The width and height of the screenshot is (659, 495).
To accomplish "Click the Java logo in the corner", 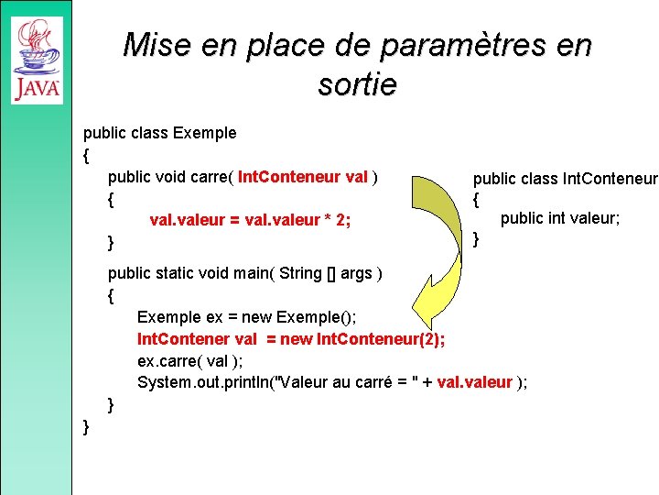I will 37,60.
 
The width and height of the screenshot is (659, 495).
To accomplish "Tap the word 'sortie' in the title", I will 357,84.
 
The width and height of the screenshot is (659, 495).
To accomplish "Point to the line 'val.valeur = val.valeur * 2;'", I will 250,220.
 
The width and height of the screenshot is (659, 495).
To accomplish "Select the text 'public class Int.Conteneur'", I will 565,178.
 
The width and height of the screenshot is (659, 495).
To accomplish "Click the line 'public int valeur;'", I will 560,218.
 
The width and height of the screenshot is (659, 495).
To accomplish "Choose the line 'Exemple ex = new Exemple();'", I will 246,317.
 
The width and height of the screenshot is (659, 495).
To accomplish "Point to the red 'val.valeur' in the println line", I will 475,383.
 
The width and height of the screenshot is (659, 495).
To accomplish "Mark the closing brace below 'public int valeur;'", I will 476,240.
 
